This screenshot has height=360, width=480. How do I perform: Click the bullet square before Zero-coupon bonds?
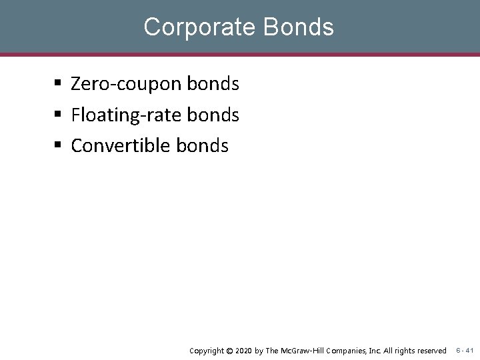[x=59, y=84]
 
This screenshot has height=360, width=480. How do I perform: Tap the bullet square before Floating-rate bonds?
[x=59, y=115]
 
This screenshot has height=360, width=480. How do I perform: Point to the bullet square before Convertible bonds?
[x=59, y=145]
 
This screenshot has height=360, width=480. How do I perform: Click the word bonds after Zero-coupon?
[x=213, y=84]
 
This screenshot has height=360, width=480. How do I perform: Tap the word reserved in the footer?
[x=431, y=351]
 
